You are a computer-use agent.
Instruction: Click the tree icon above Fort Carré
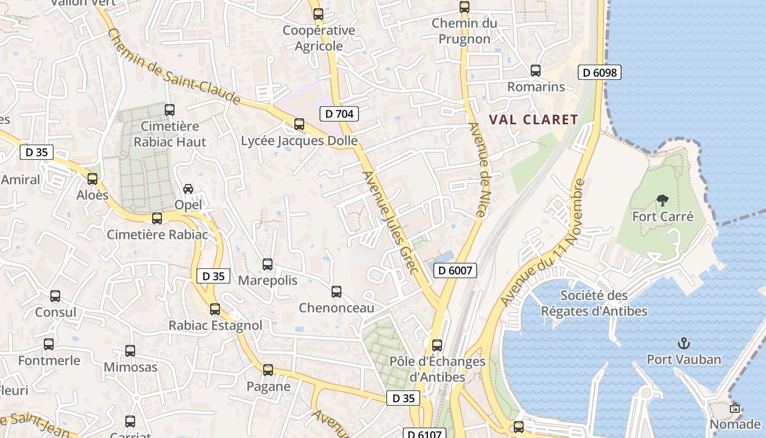663,200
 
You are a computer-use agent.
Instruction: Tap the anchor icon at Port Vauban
683,343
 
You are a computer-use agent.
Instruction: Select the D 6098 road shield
600,72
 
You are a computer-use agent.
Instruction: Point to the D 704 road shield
339,114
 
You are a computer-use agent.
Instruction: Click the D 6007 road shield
455,270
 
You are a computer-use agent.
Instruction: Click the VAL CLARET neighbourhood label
533,119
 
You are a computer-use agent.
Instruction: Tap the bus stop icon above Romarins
536,71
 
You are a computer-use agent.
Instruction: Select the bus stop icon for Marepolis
268,264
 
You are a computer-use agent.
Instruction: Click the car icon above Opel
188,189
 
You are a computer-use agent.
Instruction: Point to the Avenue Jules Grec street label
390,222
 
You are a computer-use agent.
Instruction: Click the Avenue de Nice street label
478,169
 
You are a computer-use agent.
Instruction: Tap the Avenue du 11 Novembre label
543,243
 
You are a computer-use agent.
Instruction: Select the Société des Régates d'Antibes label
594,303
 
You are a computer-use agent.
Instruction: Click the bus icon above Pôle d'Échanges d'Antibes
437,345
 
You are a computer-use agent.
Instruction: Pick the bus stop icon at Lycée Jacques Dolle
299,124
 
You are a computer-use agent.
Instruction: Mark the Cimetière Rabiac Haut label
170,134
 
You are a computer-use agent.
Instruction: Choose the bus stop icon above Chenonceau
336,292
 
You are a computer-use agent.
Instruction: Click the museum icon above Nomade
734,408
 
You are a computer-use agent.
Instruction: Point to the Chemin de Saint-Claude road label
174,66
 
